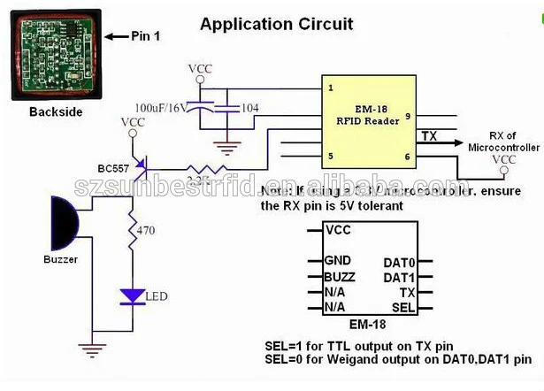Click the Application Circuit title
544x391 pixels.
click(x=276, y=24)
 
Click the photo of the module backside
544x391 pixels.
click(x=55, y=54)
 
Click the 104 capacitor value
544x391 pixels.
click(x=250, y=107)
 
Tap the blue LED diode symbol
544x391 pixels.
click(x=133, y=296)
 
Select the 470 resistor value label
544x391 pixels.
click(x=147, y=230)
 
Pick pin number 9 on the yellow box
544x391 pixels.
click(x=407, y=116)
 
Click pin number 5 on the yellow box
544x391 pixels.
click(x=330, y=157)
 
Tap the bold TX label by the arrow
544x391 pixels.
click(x=429, y=136)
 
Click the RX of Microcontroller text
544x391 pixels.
click(x=503, y=140)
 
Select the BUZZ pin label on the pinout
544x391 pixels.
click(x=340, y=276)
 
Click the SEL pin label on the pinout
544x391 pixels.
click(x=403, y=306)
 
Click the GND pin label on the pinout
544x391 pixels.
click(x=338, y=260)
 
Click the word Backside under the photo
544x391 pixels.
click(x=55, y=112)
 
